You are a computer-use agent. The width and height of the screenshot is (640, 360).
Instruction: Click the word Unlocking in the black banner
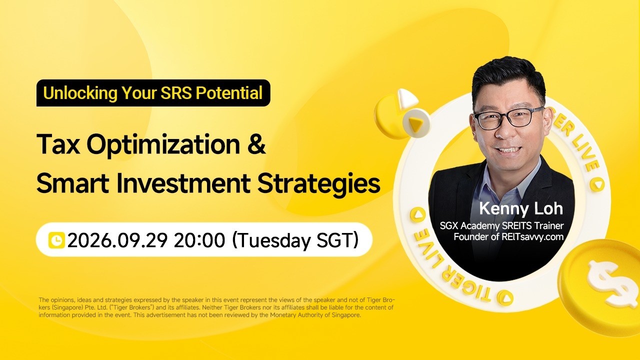point(80,93)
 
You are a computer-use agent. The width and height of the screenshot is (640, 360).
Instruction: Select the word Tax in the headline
point(58,144)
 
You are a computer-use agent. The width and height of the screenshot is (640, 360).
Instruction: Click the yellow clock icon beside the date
point(56,240)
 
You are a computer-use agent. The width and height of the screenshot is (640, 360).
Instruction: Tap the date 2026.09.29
point(117,240)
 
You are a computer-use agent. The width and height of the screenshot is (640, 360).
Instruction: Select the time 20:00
point(199,240)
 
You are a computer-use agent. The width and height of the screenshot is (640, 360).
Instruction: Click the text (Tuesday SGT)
point(295,240)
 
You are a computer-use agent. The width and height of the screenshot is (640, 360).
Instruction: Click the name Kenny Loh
point(521,208)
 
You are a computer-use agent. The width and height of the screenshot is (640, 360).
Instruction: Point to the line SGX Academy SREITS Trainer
point(501,225)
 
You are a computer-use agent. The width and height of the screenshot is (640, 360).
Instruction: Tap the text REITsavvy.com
point(532,237)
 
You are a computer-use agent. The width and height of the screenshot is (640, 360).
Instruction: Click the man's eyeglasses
point(508,117)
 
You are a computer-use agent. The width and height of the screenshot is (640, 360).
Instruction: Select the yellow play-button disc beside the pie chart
point(416,123)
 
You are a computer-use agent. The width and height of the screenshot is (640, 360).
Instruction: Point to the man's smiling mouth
point(510,149)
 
